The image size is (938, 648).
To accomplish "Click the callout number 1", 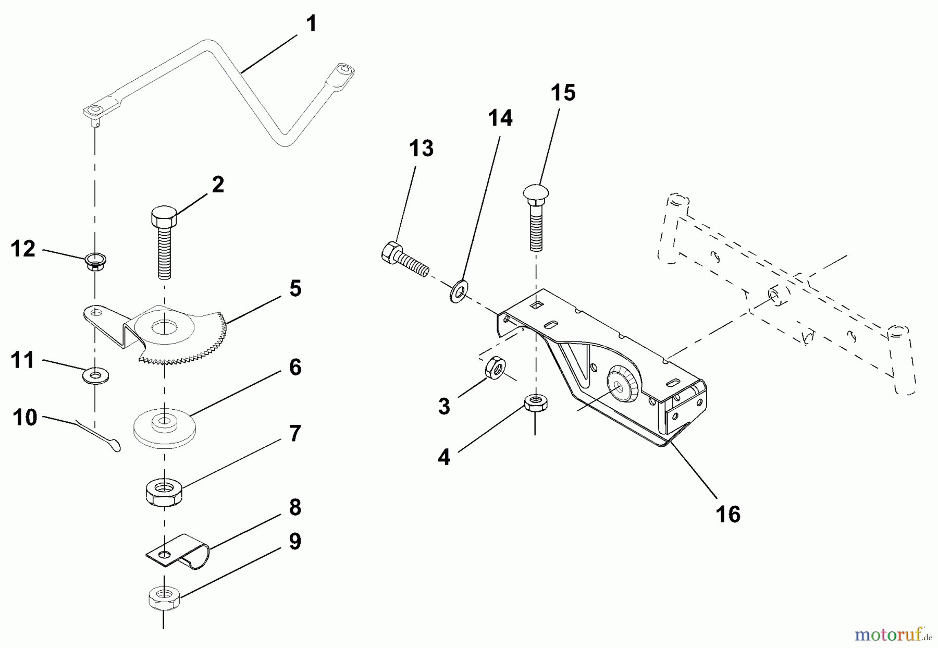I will pos(311,23).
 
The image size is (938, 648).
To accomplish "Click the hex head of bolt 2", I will pos(164,216).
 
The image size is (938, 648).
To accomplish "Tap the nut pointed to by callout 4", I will pos(535,404).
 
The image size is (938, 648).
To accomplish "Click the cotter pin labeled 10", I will pos(102,435).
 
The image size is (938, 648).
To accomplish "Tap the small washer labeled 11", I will pos(95,375).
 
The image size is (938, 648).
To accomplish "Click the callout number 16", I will pos(727,514).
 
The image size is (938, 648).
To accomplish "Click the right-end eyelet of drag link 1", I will pos(343,69).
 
